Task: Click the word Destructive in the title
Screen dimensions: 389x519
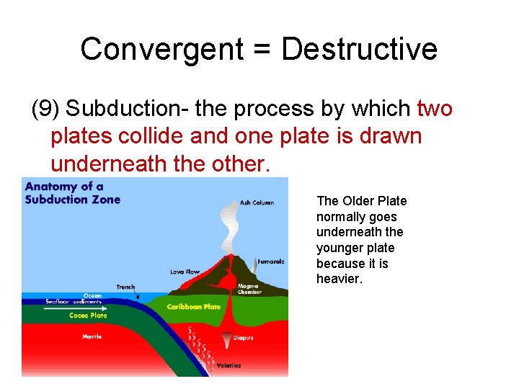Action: pyautogui.click(x=359, y=49)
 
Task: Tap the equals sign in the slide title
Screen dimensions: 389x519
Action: pyautogui.click(x=264, y=50)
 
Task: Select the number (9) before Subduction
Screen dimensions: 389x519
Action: pyautogui.click(x=46, y=109)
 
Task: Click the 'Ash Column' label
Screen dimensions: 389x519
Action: pyautogui.click(x=257, y=202)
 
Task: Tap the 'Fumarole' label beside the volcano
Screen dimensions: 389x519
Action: pyautogui.click(x=271, y=261)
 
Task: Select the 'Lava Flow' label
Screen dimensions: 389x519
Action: pyautogui.click(x=184, y=272)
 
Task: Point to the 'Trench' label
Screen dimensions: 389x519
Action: pyautogui.click(x=125, y=287)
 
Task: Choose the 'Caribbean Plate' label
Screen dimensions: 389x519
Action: pyautogui.click(x=194, y=307)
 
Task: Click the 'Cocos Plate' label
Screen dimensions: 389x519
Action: pyautogui.click(x=88, y=316)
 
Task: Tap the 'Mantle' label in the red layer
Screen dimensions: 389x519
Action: pyautogui.click(x=92, y=336)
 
